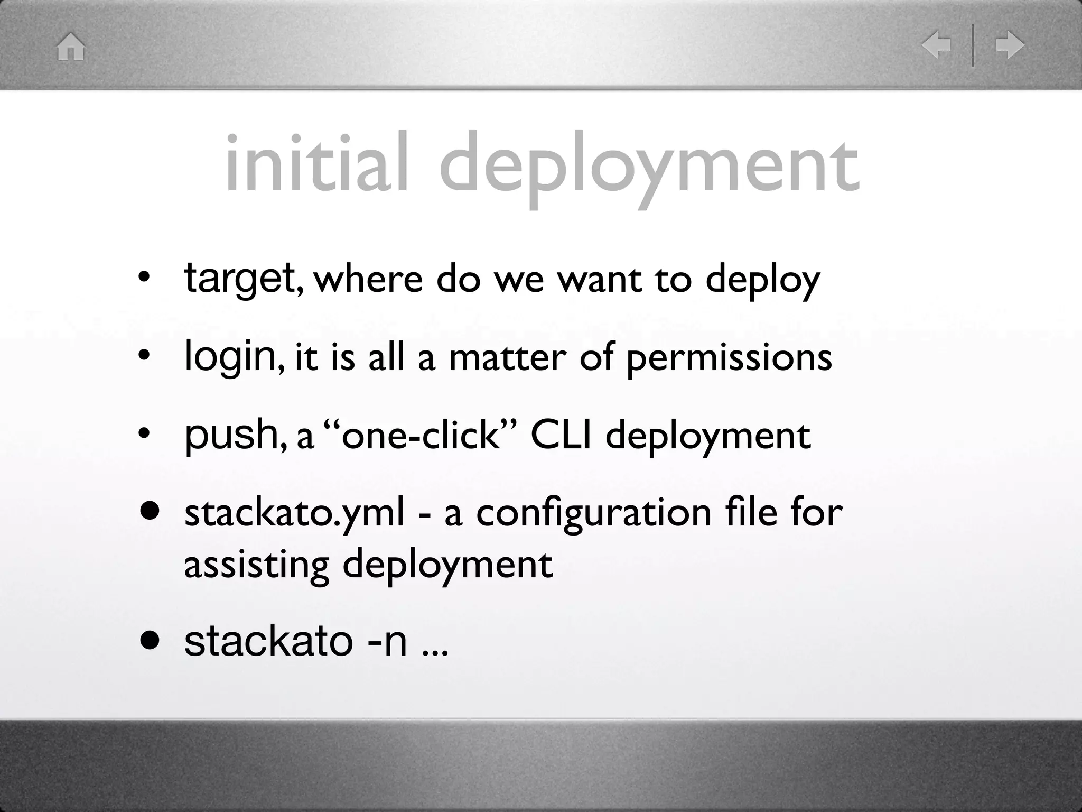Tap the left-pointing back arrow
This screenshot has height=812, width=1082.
936,45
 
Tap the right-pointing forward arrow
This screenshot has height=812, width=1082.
1010,45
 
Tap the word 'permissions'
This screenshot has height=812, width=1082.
729,358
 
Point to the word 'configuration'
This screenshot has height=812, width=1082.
594,514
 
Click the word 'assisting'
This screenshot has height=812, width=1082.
257,565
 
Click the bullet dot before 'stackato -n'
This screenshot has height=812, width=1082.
150,641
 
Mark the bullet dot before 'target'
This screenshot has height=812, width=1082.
143,279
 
